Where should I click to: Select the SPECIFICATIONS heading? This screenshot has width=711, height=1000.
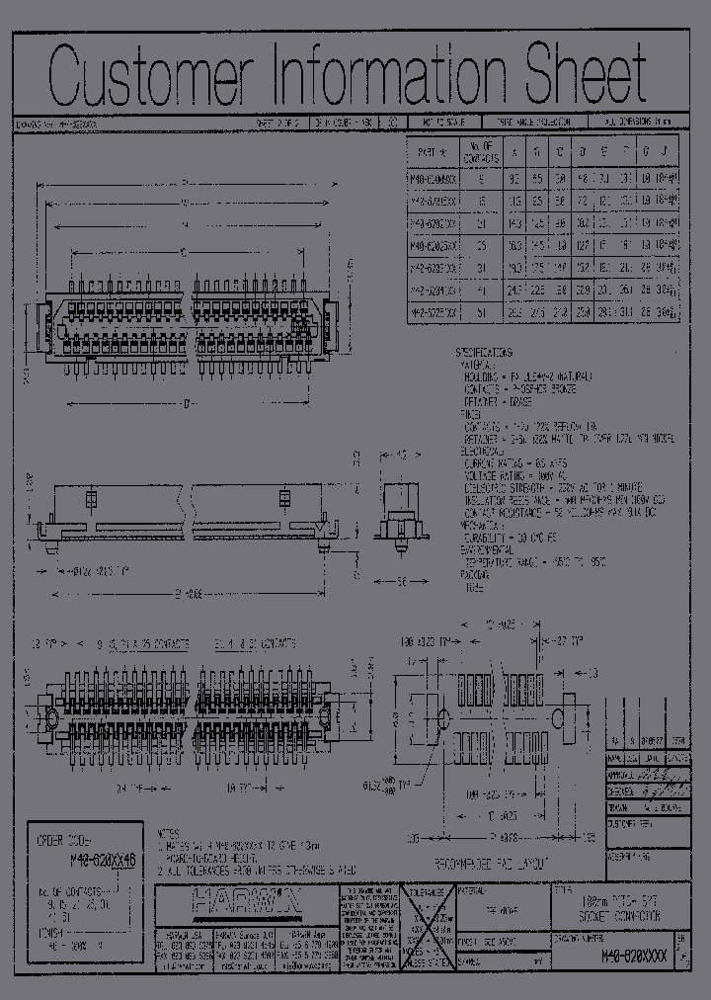coord(497,352)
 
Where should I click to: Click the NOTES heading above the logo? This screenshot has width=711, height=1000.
coord(171,833)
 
